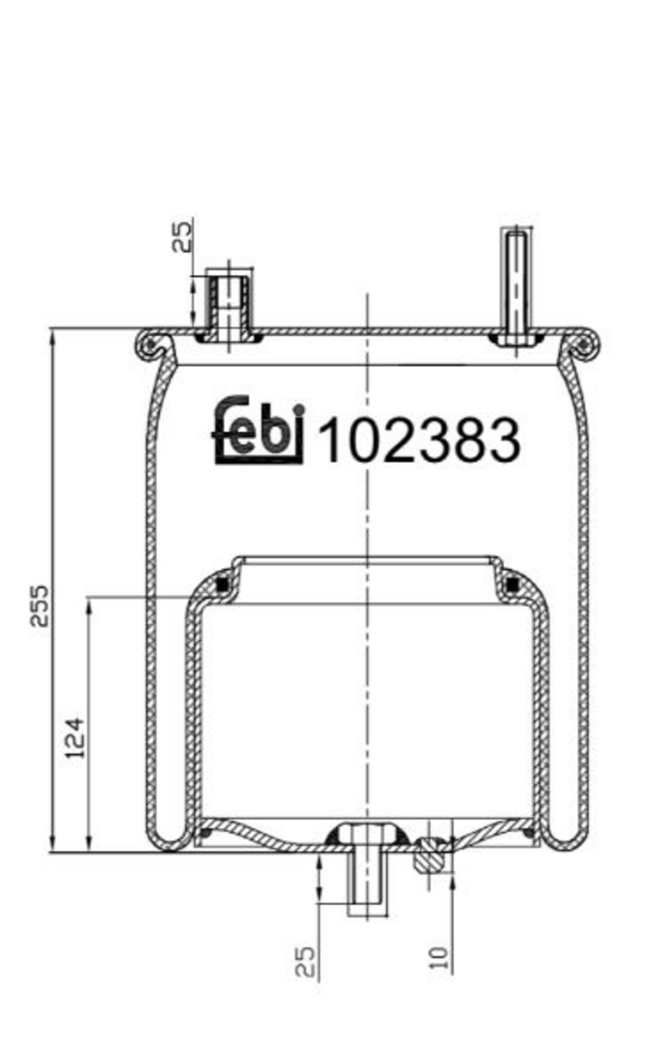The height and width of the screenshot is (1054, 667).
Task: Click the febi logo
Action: click(x=258, y=431)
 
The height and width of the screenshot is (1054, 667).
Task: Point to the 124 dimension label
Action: click(x=75, y=737)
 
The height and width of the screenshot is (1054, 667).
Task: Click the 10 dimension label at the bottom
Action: click(x=439, y=958)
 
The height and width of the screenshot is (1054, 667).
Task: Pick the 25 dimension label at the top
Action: click(x=182, y=236)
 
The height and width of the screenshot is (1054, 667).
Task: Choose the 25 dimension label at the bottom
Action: click(x=305, y=961)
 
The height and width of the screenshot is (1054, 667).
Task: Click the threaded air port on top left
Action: click(x=228, y=306)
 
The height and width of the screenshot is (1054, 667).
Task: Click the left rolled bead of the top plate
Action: click(x=148, y=344)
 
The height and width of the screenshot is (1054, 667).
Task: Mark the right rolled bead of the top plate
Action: click(x=583, y=344)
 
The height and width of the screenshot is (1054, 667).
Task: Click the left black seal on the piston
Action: click(x=224, y=584)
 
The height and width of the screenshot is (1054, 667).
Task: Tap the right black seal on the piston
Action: click(x=512, y=584)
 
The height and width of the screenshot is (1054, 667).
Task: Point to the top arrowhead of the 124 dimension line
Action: click(x=89, y=605)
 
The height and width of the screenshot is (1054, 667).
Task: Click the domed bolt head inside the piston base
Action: click(x=367, y=834)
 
